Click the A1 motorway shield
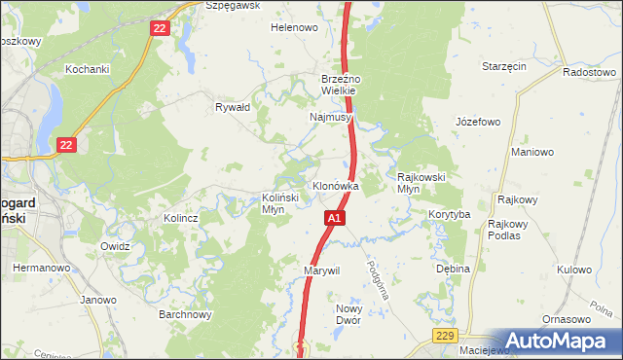coord(334,219)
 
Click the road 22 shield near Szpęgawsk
coord(161,29)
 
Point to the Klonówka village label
coord(336,186)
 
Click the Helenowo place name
coord(294,27)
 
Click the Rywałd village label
coord(234,107)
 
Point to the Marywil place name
coord(321,270)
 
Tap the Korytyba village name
coord(450,213)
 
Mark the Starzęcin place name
coord(504,66)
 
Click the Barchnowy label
coord(186,314)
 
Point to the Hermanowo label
coord(39,267)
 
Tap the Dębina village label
coord(453,269)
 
